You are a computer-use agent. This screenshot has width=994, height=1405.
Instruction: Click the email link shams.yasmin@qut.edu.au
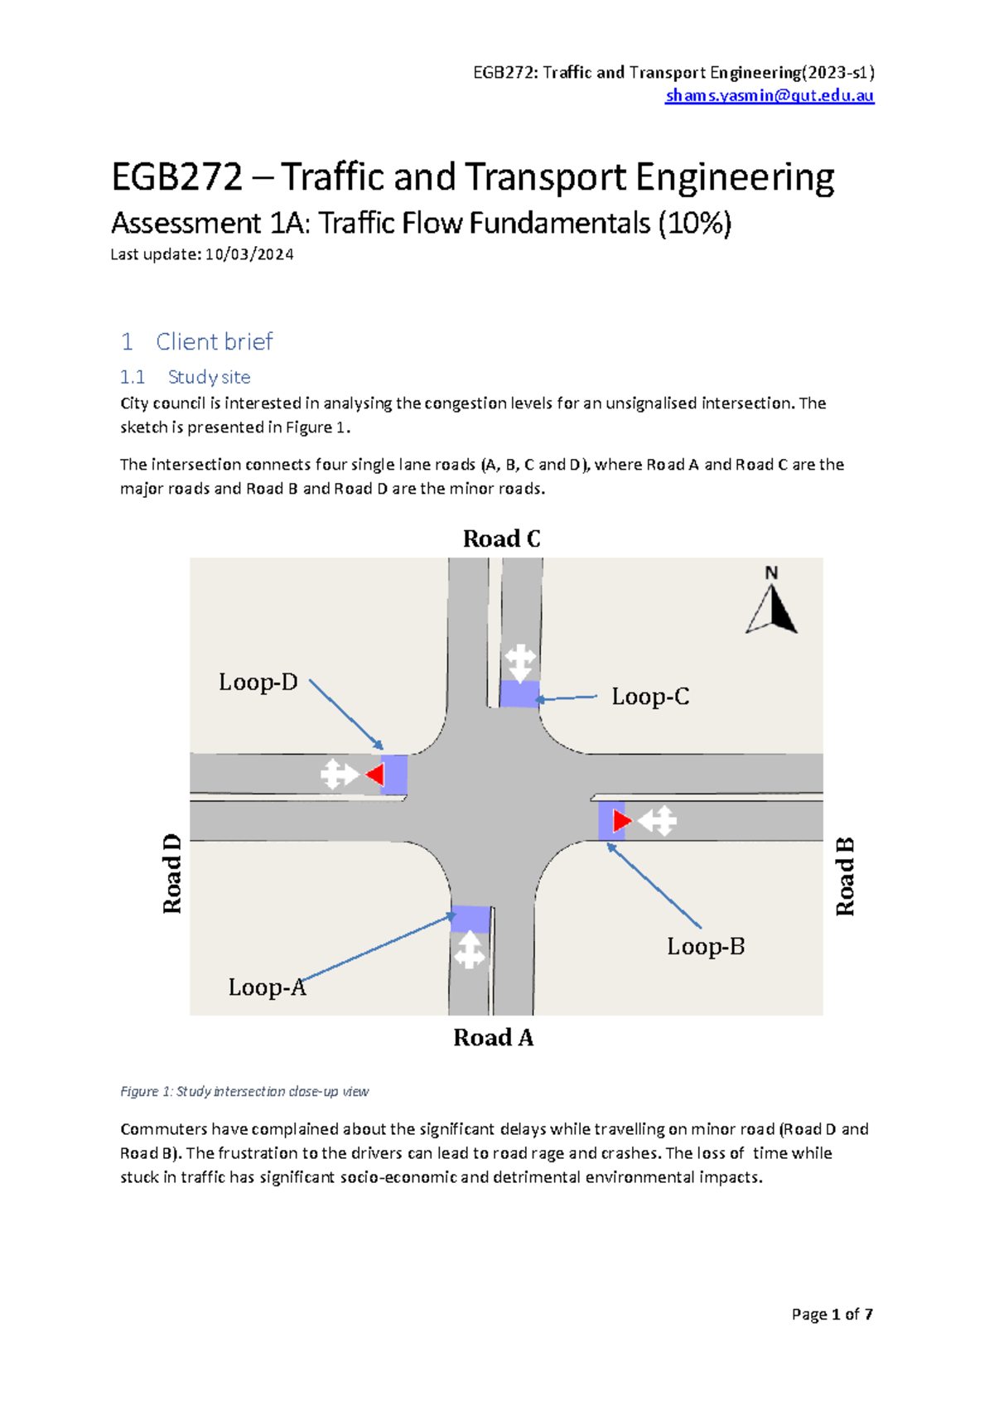point(770,95)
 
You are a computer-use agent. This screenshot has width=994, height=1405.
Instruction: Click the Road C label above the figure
point(501,539)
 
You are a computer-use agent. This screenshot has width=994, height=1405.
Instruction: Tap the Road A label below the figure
point(493,1038)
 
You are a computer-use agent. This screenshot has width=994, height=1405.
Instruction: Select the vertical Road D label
point(171,874)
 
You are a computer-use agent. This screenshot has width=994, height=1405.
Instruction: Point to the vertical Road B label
point(844,876)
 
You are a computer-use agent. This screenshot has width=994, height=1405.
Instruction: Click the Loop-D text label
point(258,683)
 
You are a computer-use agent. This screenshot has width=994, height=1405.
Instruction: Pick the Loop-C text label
point(649,697)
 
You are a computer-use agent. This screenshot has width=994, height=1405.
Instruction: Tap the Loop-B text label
point(706,947)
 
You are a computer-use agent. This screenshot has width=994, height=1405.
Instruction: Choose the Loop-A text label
point(267,987)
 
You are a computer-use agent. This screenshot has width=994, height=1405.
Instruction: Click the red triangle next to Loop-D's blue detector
point(375,775)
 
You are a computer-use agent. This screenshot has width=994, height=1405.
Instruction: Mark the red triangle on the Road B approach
point(621,821)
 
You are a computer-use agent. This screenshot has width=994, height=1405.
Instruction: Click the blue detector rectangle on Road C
point(519,694)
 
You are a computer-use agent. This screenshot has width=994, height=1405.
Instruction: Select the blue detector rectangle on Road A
point(470,919)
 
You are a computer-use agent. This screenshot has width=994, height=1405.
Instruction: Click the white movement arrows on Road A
point(470,950)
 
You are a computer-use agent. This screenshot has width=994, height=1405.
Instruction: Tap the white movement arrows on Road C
point(520,662)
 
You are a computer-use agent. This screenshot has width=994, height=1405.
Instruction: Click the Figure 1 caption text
point(244,1092)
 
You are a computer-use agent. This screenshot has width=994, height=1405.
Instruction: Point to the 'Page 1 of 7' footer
point(832,1314)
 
